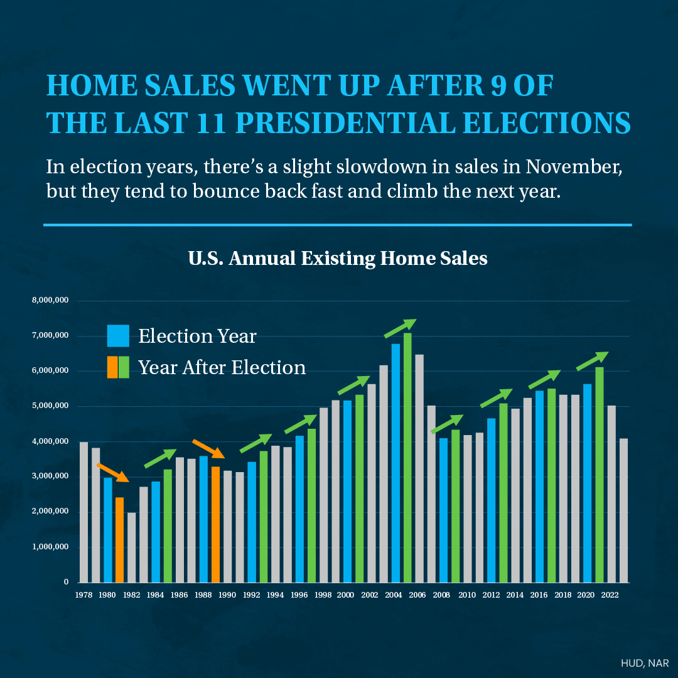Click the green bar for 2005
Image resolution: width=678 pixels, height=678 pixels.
[407, 458]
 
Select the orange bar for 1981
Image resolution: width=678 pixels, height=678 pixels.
[119, 540]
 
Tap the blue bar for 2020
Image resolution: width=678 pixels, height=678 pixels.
[588, 483]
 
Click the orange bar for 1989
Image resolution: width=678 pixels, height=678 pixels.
[215, 524]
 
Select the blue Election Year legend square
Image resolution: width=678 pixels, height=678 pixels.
[118, 336]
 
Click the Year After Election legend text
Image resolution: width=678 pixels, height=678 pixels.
[222, 367]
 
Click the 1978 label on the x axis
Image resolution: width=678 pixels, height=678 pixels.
[83, 594]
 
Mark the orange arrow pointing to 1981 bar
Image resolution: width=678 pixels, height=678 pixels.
[113, 472]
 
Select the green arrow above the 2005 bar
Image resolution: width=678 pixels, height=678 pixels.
[401, 328]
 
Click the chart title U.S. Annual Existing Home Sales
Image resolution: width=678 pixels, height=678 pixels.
[338, 258]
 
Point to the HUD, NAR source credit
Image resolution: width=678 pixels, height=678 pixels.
[645, 663]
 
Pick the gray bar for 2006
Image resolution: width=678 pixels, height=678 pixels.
[419, 469]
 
